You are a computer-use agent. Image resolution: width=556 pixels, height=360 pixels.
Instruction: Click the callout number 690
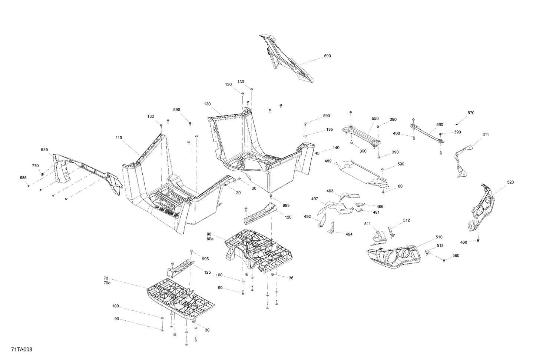327,56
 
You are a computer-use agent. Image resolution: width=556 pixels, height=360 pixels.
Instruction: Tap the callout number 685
44,150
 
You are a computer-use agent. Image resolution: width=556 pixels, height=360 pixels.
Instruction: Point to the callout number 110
119,138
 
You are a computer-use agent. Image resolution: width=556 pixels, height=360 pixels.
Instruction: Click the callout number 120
207,104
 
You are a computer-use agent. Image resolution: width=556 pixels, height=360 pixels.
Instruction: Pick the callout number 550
375,119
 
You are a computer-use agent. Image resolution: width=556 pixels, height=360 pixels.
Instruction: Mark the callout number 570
471,113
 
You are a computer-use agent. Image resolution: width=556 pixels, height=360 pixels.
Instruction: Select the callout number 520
510,182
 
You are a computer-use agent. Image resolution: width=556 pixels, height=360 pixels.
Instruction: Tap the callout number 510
439,237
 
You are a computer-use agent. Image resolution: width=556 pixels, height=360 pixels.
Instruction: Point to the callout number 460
464,242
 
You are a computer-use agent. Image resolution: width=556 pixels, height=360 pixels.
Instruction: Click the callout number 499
328,161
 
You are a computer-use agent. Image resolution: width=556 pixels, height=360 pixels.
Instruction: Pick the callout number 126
288,217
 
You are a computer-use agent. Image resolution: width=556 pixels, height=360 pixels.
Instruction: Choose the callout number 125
207,272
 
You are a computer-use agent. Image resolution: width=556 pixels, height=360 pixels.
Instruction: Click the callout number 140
336,148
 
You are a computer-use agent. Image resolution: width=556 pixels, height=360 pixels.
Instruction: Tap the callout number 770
35,166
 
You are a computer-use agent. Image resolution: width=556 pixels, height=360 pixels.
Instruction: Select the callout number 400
397,133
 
